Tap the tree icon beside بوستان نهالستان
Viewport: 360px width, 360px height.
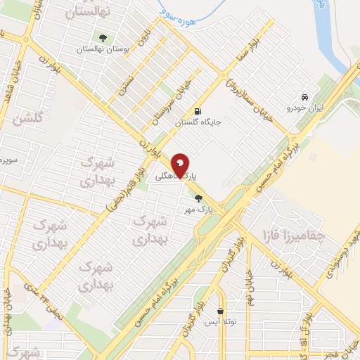(x=103, y=37)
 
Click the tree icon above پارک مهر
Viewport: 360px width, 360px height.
(x=199, y=198)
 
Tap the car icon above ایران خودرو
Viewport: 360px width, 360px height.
(x=304, y=97)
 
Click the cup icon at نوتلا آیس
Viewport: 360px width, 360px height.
(x=221, y=311)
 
